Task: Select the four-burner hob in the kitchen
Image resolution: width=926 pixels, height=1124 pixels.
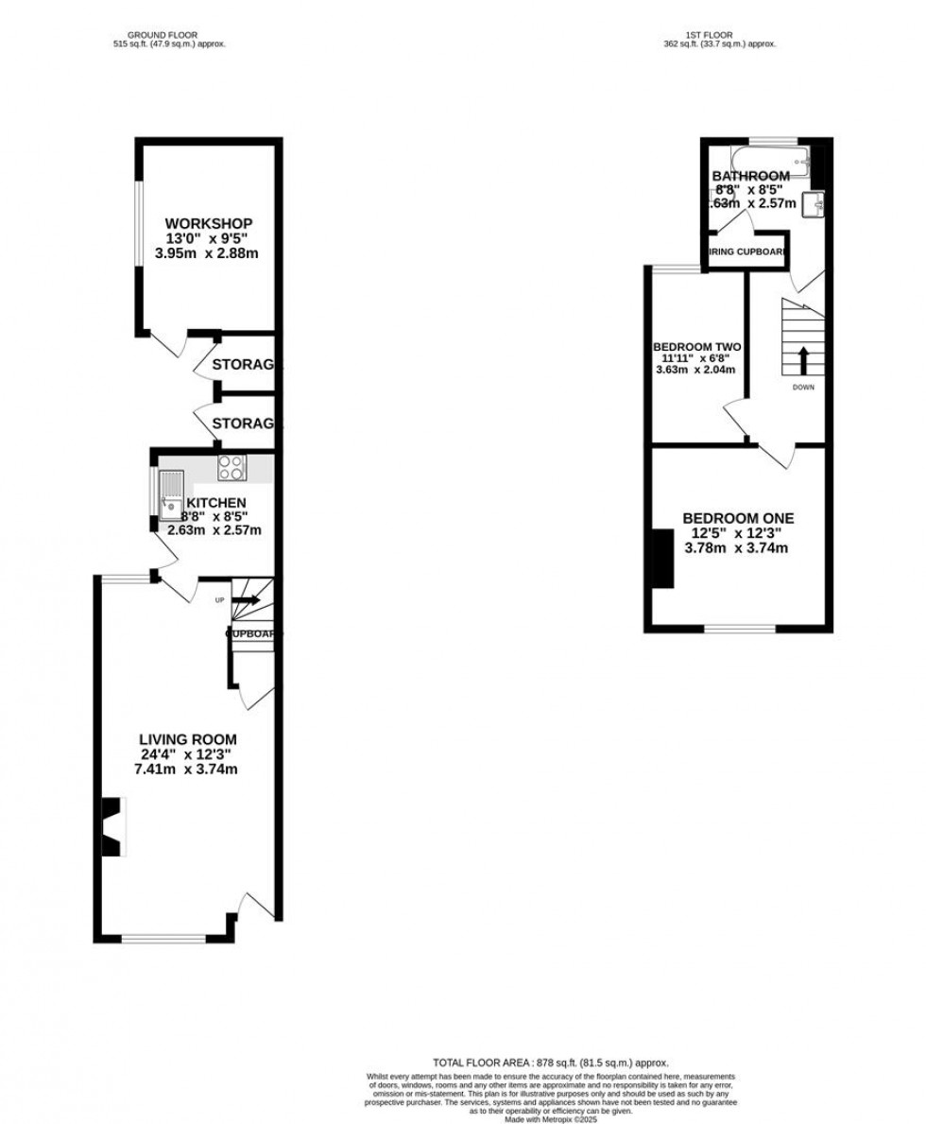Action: tap(231, 468)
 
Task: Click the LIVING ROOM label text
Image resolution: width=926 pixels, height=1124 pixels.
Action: tap(188, 739)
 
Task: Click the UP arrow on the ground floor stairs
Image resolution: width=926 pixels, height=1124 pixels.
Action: tap(249, 599)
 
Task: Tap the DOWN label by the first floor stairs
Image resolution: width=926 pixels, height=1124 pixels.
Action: tap(803, 387)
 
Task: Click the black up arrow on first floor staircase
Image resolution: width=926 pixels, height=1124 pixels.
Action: tap(803, 360)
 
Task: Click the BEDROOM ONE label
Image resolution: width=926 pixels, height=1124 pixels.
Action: tap(738, 518)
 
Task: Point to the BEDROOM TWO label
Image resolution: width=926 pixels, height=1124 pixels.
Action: tap(692, 346)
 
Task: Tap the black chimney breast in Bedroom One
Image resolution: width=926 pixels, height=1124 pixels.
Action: tap(660, 559)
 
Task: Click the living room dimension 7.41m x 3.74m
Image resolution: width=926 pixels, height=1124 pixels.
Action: tap(188, 769)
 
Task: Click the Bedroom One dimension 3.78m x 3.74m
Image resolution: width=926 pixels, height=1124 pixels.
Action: tap(738, 547)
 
